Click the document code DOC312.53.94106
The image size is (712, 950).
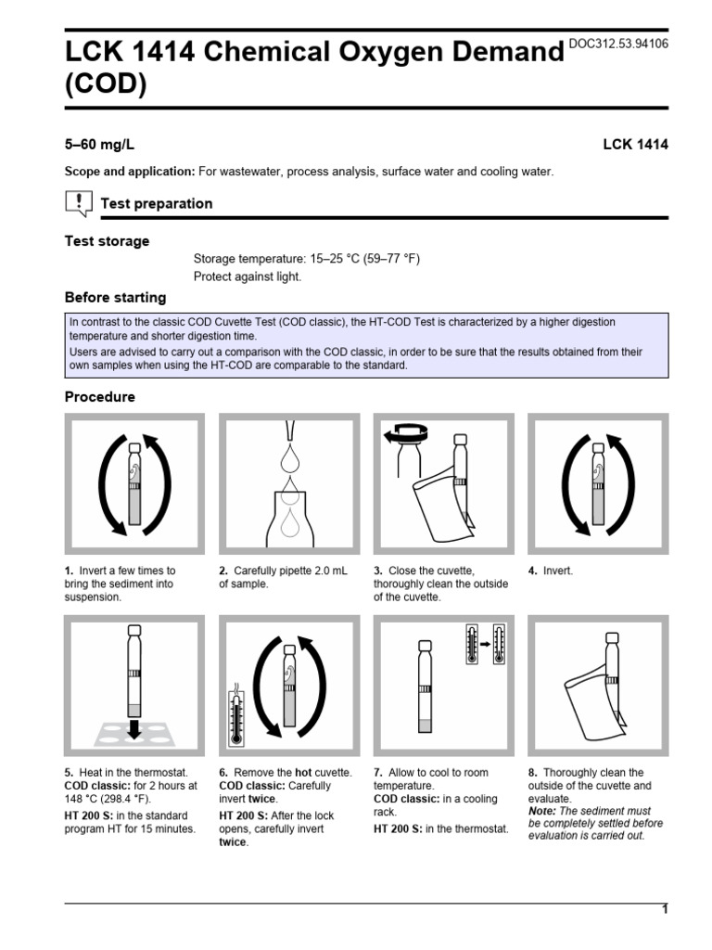[618, 44]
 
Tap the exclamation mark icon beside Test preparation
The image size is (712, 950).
[80, 201]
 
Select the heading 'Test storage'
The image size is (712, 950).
[107, 241]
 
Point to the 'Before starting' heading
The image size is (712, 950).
[115, 298]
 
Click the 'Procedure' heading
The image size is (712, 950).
[99, 397]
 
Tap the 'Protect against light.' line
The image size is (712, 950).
[248, 276]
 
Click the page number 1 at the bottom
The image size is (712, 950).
[664, 910]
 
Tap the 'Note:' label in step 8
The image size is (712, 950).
[543, 811]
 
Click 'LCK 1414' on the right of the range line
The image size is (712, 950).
[635, 145]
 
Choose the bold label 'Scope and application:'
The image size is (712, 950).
[129, 173]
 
